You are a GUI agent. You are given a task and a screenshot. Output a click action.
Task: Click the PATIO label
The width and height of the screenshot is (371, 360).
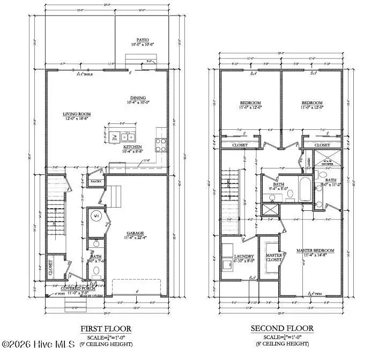click(142, 40)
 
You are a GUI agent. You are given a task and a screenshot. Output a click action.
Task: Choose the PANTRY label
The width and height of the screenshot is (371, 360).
click(95, 182)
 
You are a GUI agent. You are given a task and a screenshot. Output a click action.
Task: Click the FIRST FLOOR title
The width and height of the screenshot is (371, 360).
click(106, 328)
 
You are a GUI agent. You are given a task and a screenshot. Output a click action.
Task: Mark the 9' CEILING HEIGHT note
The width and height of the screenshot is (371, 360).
click(106, 343)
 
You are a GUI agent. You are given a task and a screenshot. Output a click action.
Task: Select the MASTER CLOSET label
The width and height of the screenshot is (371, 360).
click(274, 258)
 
